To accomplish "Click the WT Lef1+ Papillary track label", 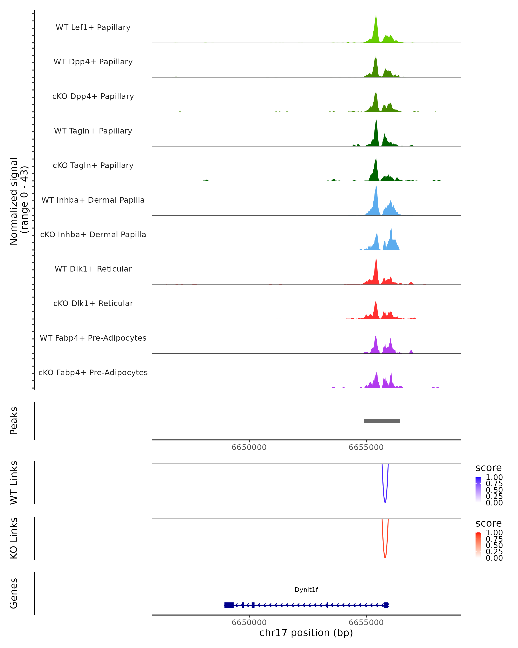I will [93, 27].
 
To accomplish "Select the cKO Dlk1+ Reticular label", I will [93, 303].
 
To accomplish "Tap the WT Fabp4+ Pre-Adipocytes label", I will [93, 338].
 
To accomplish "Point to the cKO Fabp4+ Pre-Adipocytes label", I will [93, 372].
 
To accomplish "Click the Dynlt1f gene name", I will [306, 590].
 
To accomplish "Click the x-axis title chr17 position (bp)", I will [306, 633].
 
